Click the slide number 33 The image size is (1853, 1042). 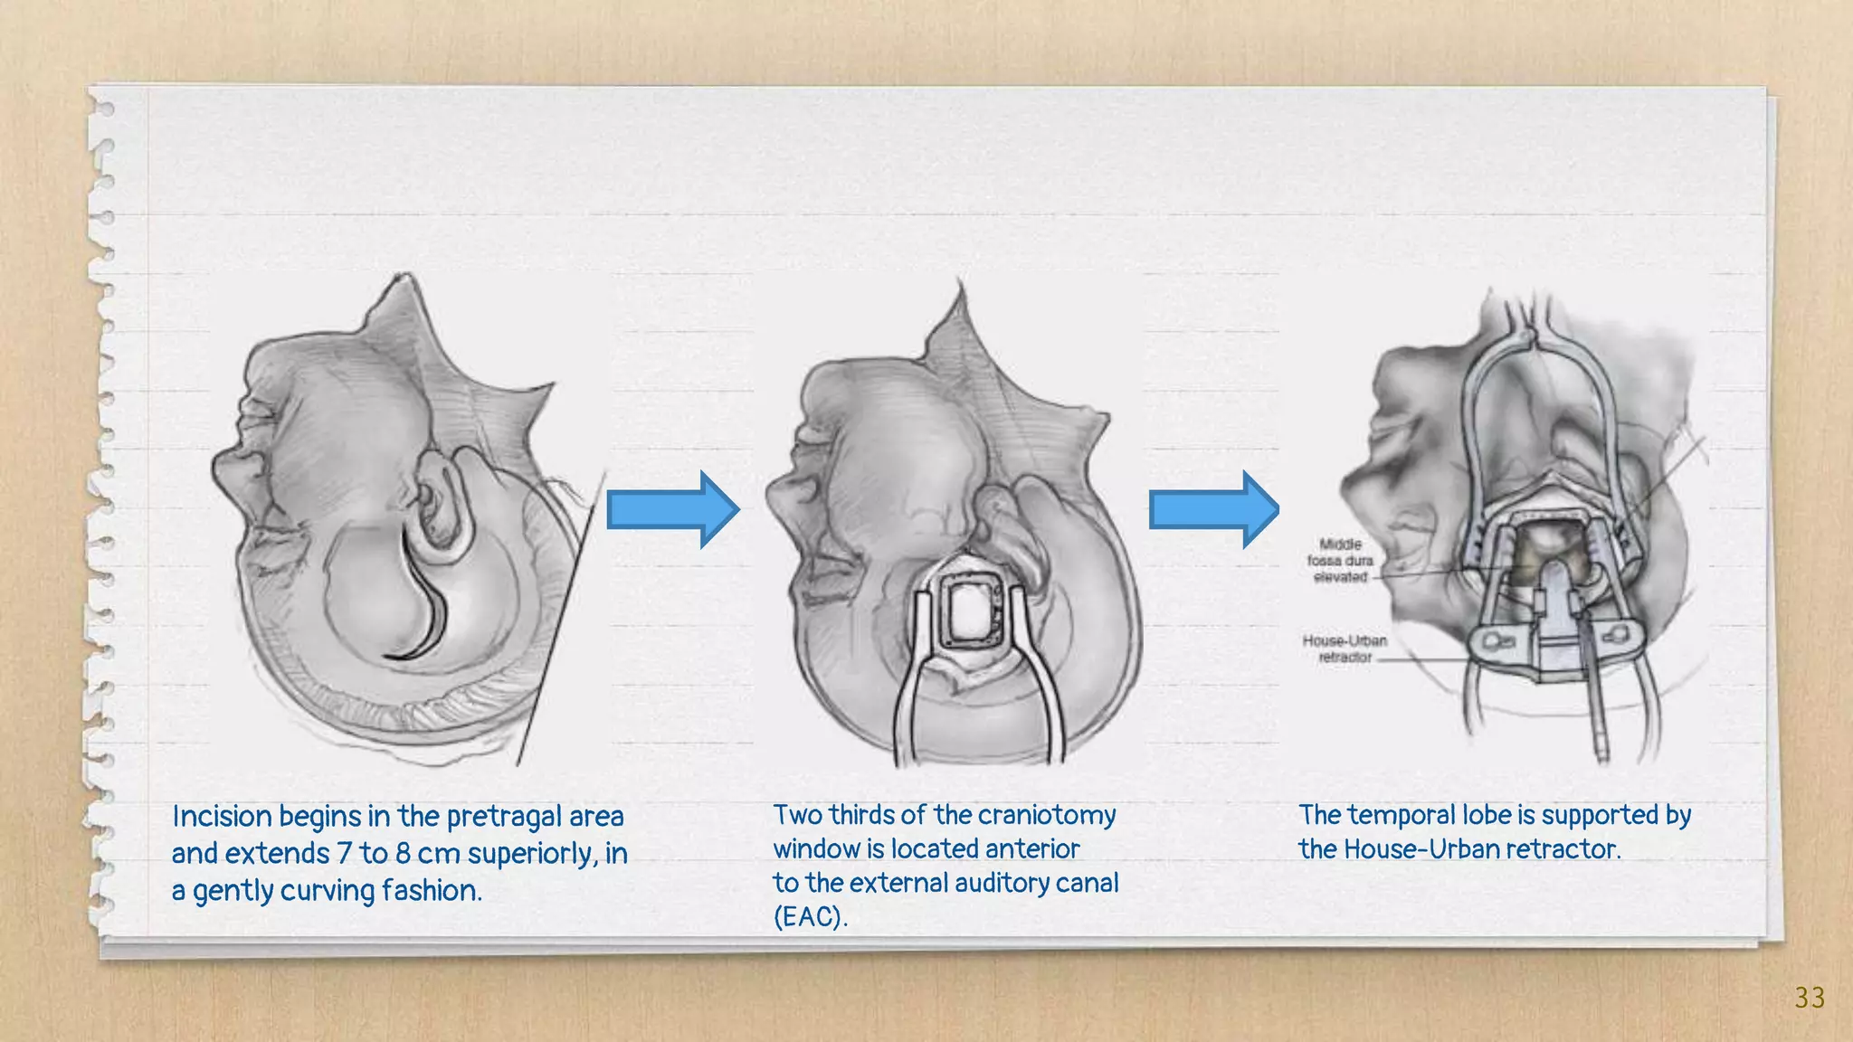click(1810, 998)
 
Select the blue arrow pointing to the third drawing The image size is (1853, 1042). click(1213, 509)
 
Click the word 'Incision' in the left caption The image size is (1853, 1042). click(222, 817)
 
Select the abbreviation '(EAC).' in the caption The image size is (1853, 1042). click(810, 917)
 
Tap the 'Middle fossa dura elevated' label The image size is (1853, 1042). click(1340, 561)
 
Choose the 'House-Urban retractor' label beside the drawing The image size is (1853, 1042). click(1345, 649)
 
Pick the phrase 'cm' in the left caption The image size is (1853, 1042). click(438, 854)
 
